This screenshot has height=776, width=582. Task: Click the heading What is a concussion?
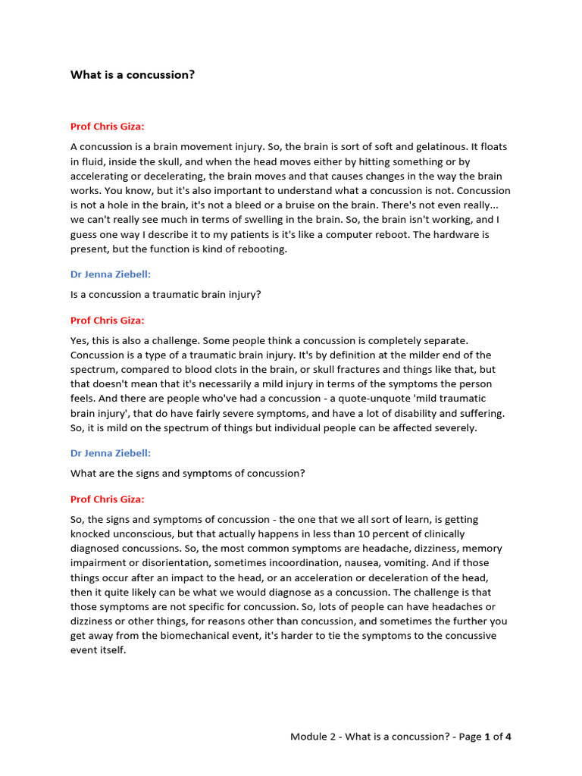tap(133, 75)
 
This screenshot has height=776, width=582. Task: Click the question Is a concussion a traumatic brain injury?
tap(165, 294)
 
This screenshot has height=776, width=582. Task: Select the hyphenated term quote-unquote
tap(375, 398)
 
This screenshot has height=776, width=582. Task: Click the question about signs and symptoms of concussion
tap(188, 473)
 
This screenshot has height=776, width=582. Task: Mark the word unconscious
tap(120, 533)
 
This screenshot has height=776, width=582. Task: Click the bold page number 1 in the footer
tap(488, 737)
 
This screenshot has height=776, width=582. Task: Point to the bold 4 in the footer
tap(508, 737)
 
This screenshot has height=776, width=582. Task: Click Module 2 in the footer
tap(313, 737)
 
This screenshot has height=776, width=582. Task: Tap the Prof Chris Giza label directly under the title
tap(107, 127)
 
